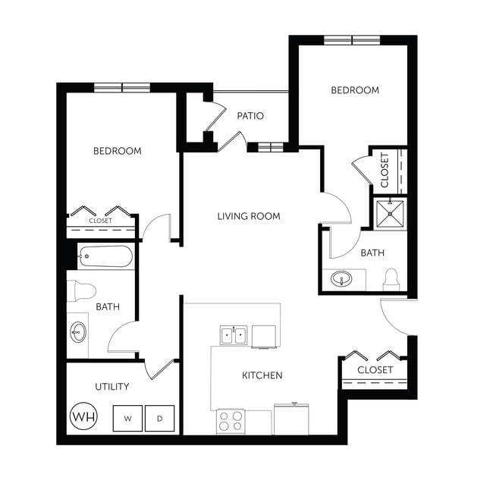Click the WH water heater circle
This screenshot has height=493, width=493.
click(83, 416)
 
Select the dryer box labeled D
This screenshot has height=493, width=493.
click(160, 418)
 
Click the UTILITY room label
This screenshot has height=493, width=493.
click(111, 387)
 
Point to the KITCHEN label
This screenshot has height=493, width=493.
click(262, 375)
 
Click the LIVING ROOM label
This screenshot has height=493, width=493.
click(249, 216)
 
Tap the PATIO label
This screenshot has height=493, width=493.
click(250, 116)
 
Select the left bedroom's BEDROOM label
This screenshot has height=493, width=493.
click(118, 151)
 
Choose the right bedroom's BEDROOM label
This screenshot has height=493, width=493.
click(355, 90)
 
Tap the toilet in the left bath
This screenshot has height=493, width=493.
click(82, 290)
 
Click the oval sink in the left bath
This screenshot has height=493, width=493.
click(77, 332)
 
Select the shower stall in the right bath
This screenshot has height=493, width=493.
click(391, 214)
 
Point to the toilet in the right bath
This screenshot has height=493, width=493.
click(391, 280)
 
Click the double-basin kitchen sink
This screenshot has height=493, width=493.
click(234, 334)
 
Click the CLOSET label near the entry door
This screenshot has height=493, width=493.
click(375, 370)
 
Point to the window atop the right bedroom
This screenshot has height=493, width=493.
click(352, 39)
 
